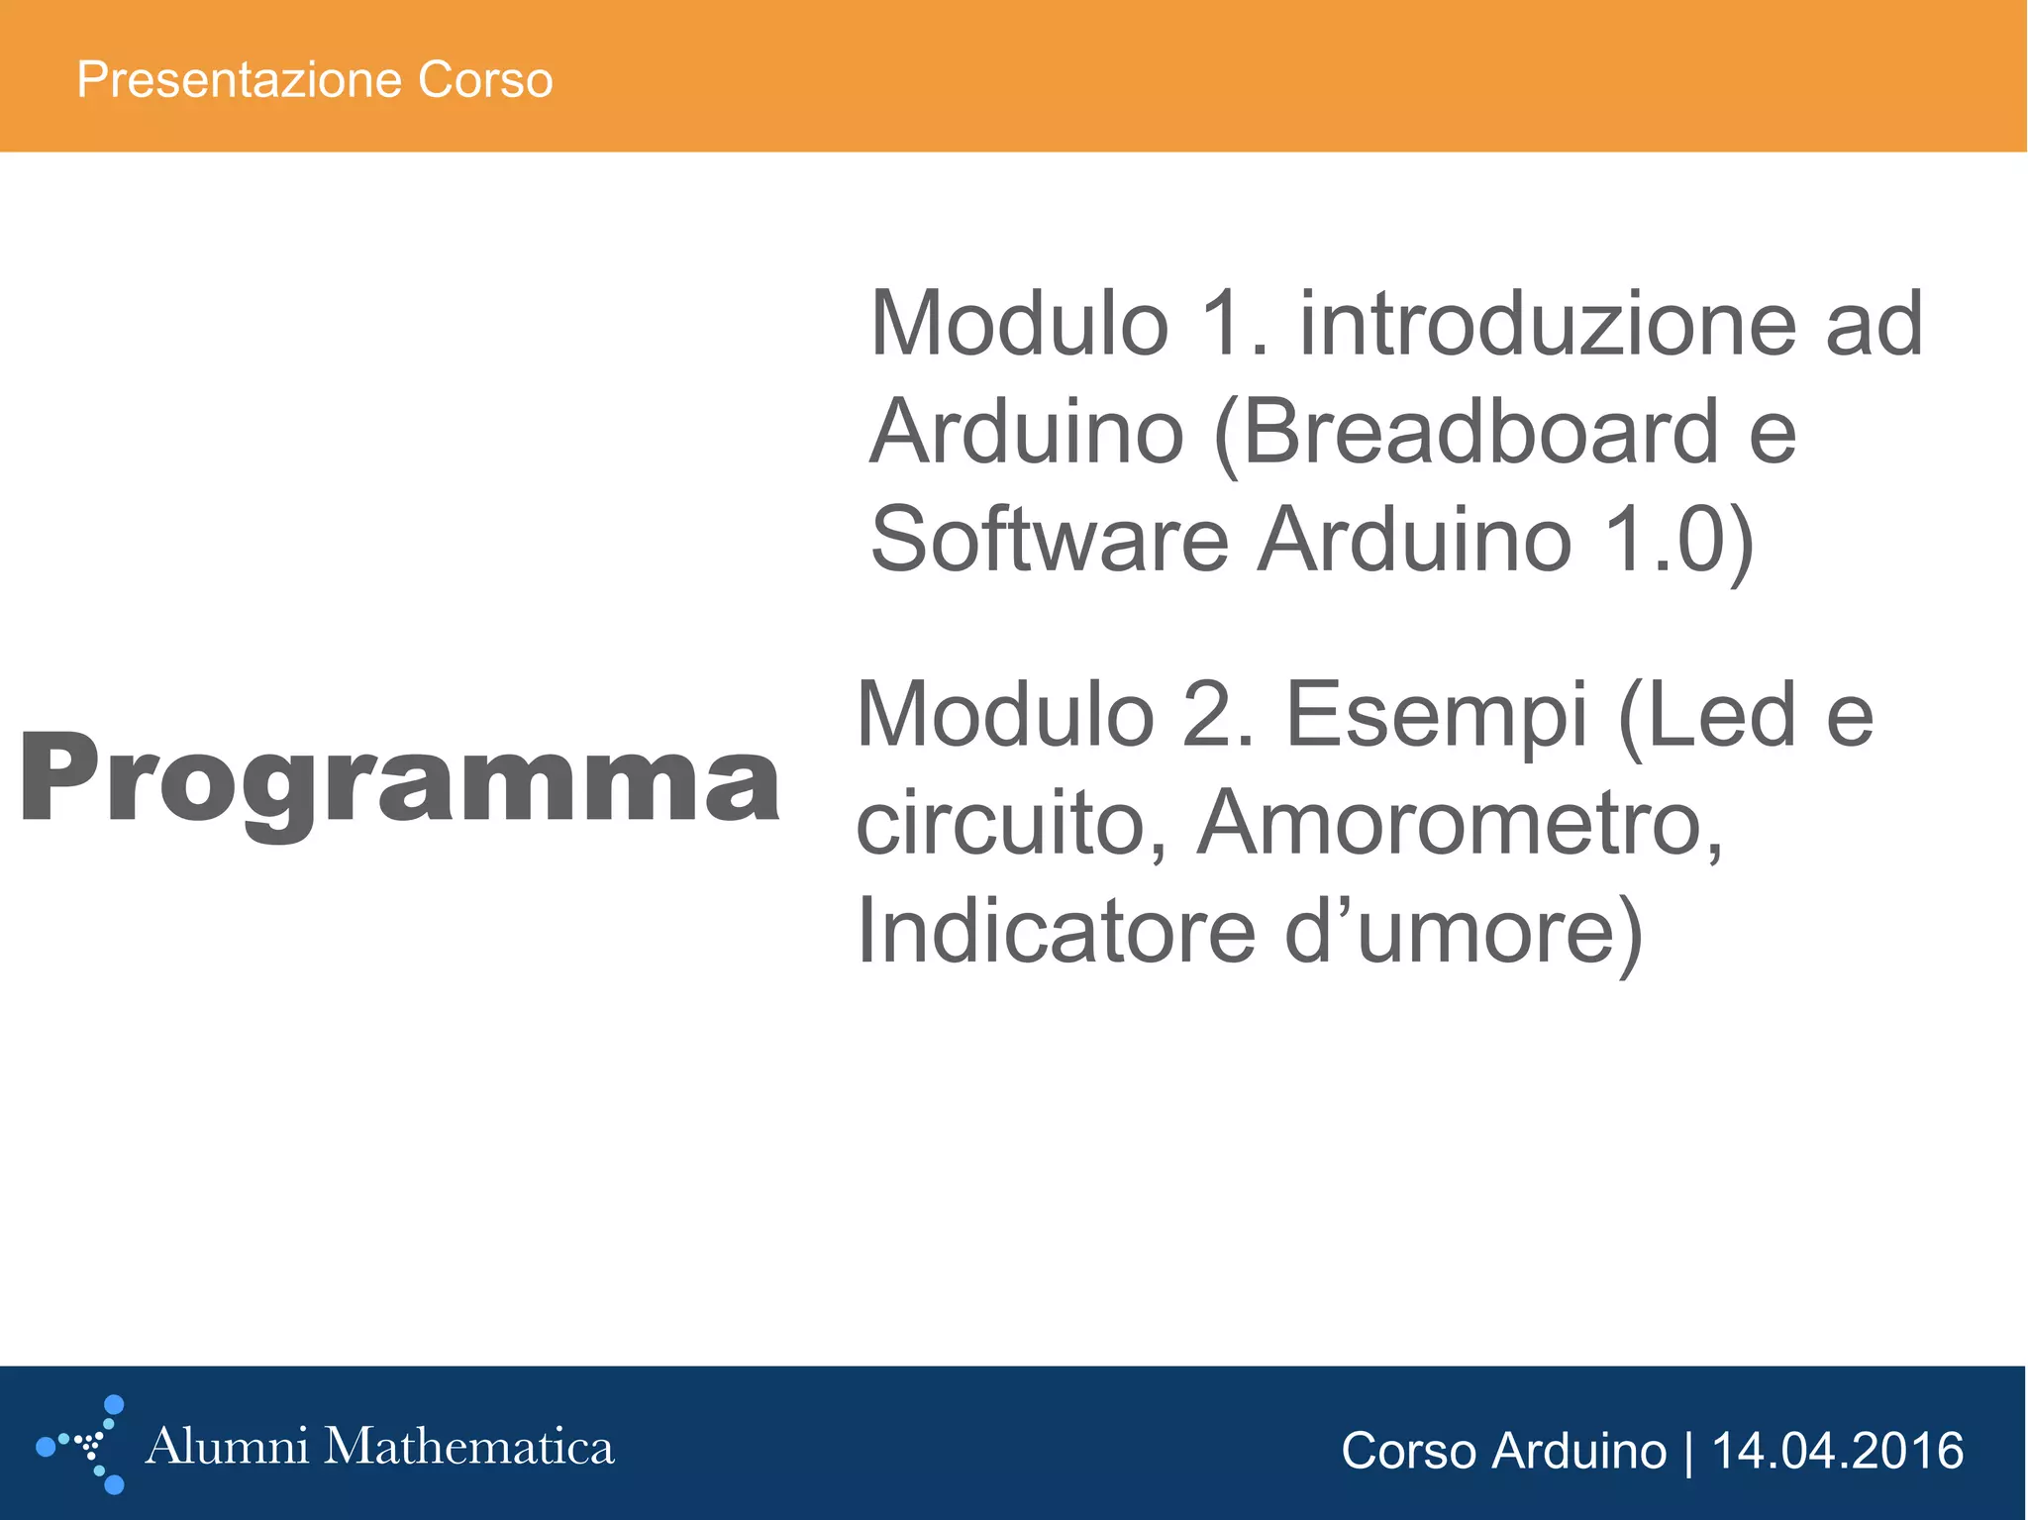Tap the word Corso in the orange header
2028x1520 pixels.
(484, 79)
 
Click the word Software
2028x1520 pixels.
(1049, 540)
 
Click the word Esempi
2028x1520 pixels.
(1436, 715)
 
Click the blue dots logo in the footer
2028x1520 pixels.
(85, 1445)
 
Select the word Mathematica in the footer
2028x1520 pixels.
(469, 1447)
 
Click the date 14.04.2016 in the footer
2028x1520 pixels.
(1837, 1452)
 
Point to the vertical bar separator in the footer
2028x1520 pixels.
(1688, 1452)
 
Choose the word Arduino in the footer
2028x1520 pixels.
(1578, 1452)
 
